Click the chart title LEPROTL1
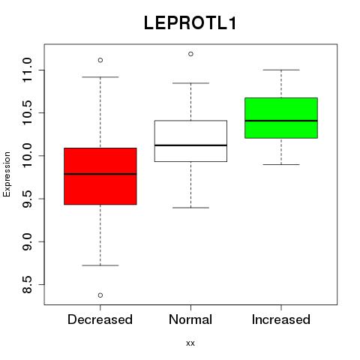click(x=190, y=23)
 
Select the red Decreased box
click(x=100, y=176)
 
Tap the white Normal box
click(x=190, y=141)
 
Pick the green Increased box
click(x=281, y=118)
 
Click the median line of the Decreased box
click(x=100, y=174)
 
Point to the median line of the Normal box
click(x=190, y=145)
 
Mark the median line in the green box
click(x=281, y=121)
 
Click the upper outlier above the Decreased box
click(x=100, y=60)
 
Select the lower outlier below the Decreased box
click(x=100, y=295)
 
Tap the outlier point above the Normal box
click(x=190, y=54)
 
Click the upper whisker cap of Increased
click(x=281, y=70)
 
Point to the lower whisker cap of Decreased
click(x=100, y=265)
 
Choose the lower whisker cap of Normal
click(x=190, y=208)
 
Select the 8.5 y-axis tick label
click(x=27, y=284)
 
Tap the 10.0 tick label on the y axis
click(x=27, y=156)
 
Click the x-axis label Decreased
click(x=100, y=319)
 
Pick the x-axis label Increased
click(x=281, y=319)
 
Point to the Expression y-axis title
click(x=7, y=174)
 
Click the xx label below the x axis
click(x=190, y=343)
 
